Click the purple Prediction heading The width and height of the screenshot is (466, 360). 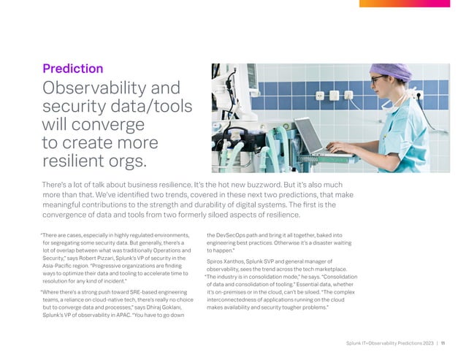click(x=72, y=69)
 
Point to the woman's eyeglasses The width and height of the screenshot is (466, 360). click(x=379, y=78)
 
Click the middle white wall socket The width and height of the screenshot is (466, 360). click(x=333, y=94)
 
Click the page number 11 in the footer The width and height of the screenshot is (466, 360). click(x=443, y=342)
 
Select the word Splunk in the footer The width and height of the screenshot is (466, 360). click(x=356, y=342)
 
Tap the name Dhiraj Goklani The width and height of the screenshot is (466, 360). click(x=155, y=307)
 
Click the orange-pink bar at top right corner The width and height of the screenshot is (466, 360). click(x=413, y=3)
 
